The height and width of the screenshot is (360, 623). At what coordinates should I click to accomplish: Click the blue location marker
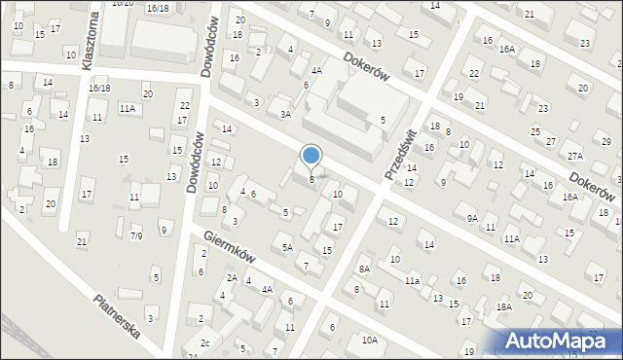click(x=311, y=156)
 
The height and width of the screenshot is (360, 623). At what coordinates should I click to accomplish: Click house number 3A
click(x=285, y=114)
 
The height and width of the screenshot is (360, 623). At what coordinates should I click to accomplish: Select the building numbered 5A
click(x=287, y=247)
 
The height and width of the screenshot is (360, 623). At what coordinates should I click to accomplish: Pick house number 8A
click(x=364, y=269)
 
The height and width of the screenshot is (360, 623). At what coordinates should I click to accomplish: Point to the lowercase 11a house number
click(x=413, y=281)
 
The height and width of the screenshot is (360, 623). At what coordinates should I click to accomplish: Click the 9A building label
click(x=472, y=219)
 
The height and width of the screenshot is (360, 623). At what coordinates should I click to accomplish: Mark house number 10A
click(x=369, y=340)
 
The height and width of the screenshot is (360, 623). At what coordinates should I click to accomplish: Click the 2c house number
click(x=204, y=343)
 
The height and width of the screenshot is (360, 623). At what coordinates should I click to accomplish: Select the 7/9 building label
click(x=136, y=235)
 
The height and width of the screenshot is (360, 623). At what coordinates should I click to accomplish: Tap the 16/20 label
click(x=122, y=4)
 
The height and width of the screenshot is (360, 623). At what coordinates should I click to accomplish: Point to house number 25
click(x=534, y=131)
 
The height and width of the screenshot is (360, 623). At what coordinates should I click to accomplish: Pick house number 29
click(x=605, y=142)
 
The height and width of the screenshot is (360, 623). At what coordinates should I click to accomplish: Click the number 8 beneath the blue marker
click(x=311, y=179)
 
